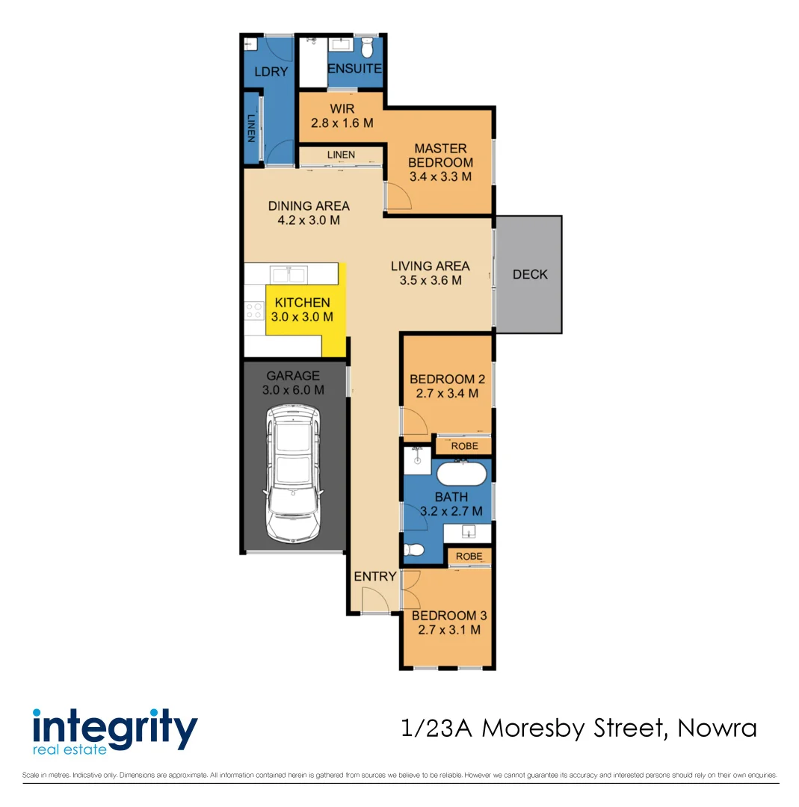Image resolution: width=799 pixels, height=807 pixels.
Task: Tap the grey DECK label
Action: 530,274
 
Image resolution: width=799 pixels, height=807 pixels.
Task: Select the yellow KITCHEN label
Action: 302,303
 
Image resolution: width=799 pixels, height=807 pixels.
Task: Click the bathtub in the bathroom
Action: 462,474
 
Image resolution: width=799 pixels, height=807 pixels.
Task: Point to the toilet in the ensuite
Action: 366,49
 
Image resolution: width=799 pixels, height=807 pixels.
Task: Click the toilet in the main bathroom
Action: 413,551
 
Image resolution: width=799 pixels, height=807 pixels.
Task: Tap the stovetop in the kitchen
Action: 253,309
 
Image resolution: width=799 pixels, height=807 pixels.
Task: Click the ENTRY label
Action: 375,576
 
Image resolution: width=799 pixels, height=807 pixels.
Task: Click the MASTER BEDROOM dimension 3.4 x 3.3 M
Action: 440,177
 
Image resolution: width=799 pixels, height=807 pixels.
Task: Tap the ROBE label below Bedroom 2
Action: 464,446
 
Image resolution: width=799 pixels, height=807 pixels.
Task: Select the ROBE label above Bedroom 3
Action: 469,557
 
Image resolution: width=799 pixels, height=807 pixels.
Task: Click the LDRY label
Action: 267,72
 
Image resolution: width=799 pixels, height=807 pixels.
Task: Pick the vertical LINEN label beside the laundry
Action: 251,129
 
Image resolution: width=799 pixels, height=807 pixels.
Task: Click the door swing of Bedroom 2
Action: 415,422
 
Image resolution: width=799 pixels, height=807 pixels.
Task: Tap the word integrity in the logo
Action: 115,726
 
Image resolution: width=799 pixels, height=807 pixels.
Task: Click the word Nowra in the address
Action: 717,728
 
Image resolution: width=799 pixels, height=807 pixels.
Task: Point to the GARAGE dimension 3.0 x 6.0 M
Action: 293,390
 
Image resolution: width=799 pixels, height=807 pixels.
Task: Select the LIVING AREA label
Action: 430,266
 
